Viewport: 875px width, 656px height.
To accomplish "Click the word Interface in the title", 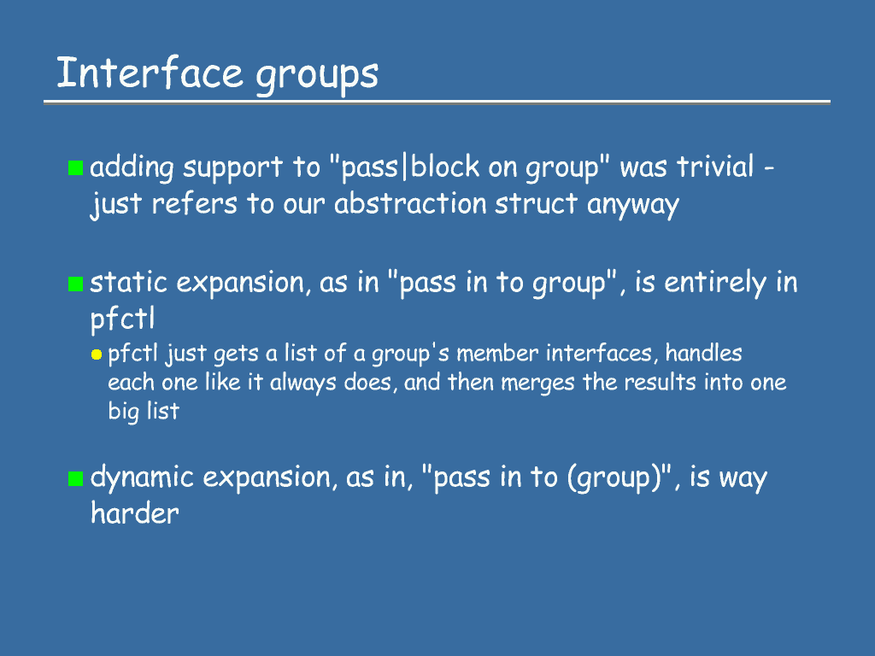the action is tap(150, 73).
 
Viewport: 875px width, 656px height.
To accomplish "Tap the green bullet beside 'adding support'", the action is tap(75, 167).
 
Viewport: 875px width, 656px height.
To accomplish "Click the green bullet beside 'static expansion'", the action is tap(75, 284).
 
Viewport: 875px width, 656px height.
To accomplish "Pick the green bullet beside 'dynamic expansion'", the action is tap(75, 478).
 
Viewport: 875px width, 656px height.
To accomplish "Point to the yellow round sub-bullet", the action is tap(97, 354).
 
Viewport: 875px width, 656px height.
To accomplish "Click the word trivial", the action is tap(715, 167).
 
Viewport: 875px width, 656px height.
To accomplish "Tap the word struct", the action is tap(536, 203).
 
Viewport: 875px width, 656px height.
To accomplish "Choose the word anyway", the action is tap(633, 205).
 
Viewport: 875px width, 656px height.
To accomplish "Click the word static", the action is tap(128, 282).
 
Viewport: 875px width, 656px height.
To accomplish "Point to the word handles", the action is tap(703, 353).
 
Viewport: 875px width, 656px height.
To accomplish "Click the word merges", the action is tap(537, 384).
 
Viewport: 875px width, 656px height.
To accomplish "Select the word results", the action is tap(661, 382).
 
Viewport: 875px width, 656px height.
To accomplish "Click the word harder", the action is tap(134, 513).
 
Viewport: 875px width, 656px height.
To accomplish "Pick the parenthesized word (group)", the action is tap(614, 478).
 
